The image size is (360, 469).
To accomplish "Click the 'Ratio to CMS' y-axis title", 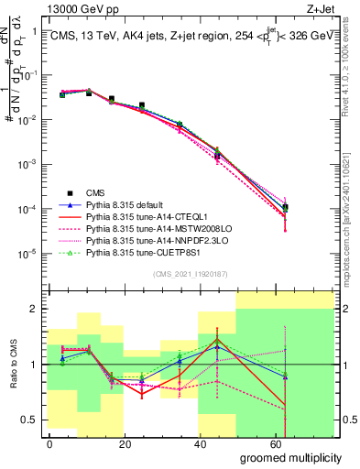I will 12,365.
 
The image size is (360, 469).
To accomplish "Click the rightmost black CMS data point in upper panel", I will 286,207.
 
